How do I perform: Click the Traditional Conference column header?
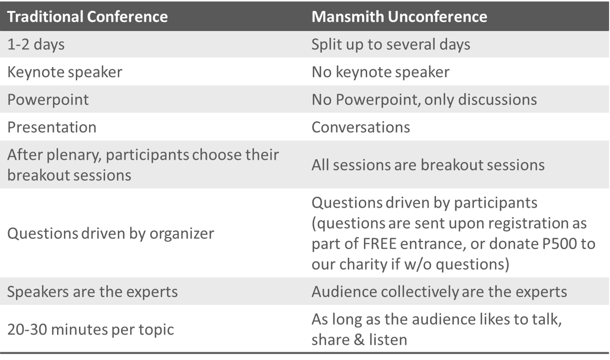pos(87,17)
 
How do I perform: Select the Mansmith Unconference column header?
pos(399,17)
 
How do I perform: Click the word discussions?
pos(498,99)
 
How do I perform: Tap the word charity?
pos(363,264)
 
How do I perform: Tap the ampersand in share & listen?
pos(359,340)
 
